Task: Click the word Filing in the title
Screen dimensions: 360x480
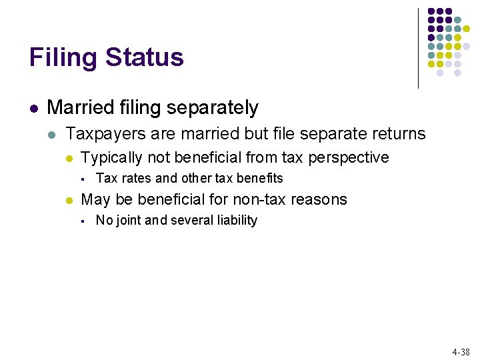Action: pos(59,58)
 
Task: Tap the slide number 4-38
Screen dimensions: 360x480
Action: pos(461,351)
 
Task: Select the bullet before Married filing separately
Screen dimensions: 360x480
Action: pos(33,108)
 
